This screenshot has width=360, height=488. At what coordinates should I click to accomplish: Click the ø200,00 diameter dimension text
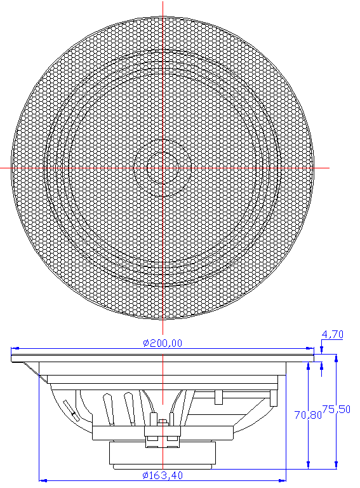[163, 343]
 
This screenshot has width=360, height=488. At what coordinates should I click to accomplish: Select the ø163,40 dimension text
[163, 475]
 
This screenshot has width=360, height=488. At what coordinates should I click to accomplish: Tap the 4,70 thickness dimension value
[332, 334]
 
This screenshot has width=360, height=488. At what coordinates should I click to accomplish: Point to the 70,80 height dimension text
[308, 414]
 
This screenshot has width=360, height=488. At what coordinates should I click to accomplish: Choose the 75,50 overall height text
[336, 409]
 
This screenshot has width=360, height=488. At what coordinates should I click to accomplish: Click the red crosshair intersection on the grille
[163, 168]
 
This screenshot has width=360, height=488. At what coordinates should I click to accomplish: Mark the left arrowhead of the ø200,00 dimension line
[15, 348]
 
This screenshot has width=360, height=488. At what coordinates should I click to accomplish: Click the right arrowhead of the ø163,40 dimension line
[282, 480]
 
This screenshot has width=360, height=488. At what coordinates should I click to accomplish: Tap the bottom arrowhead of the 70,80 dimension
[308, 464]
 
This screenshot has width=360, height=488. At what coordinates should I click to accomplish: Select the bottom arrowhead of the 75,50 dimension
[336, 464]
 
